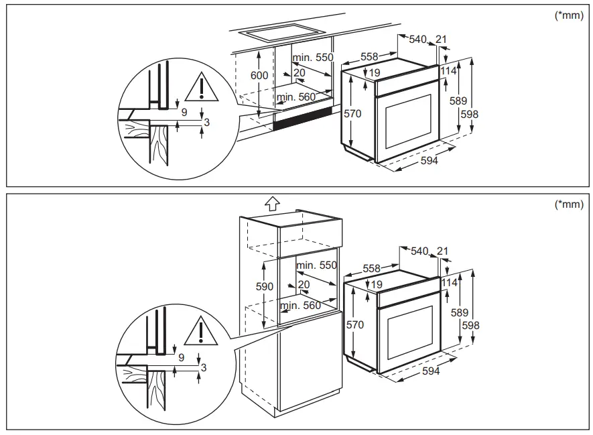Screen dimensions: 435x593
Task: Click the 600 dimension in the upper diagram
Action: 259,76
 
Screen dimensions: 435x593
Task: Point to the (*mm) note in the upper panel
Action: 569,15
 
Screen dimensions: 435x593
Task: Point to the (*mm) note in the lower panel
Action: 569,204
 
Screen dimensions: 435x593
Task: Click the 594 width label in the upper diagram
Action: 429,161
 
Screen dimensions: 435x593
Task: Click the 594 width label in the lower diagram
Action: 431,371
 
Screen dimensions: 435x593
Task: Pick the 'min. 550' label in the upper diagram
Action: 312,58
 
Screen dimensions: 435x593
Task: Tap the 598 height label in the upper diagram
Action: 469,114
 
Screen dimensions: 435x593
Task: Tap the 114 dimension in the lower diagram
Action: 449,282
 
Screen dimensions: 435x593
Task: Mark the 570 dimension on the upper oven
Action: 352,114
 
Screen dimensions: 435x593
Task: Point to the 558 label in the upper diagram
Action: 369,58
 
